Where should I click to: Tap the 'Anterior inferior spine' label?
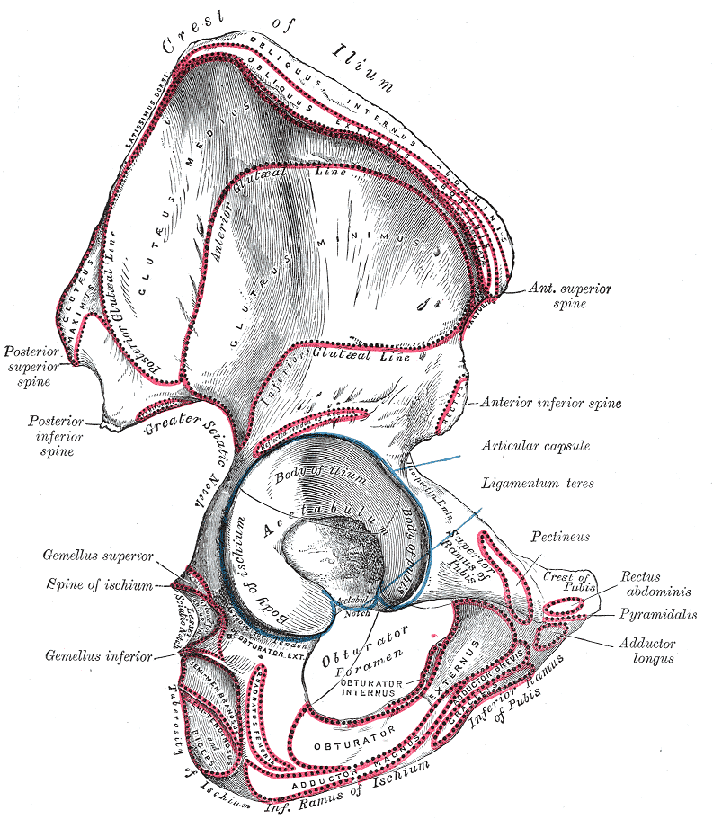pos(551,404)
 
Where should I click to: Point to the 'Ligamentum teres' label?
pos(538,483)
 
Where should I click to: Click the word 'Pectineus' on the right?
pos(560,537)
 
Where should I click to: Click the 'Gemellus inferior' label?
pos(99,655)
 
